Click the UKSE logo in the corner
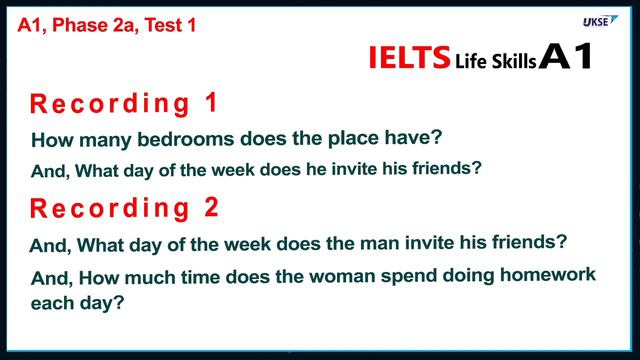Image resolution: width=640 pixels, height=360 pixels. point(600,21)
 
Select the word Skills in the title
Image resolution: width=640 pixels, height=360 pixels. point(516,61)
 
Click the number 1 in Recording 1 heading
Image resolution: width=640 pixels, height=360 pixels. point(209,102)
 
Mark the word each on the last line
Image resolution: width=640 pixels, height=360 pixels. point(52,301)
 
